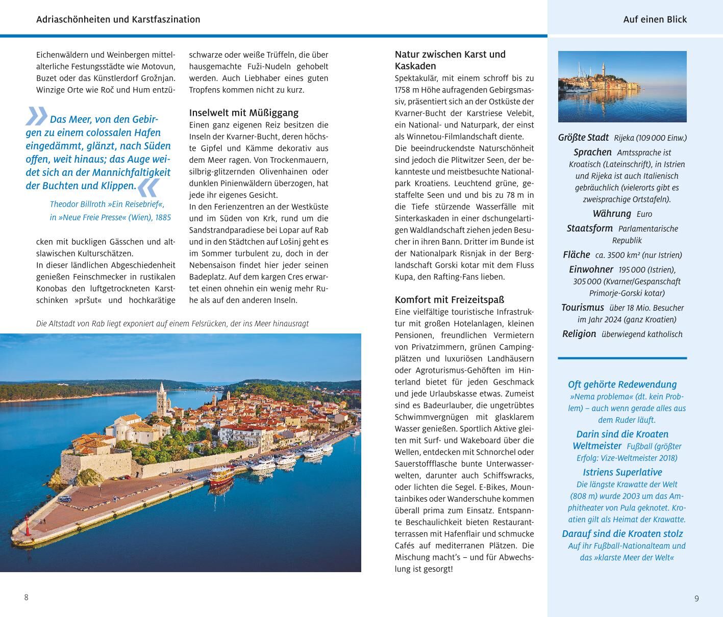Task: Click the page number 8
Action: tap(27, 597)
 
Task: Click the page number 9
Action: tap(696, 598)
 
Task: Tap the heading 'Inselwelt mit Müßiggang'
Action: tap(243, 113)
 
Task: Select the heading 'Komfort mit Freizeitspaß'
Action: tap(449, 299)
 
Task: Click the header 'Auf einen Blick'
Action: tap(655, 19)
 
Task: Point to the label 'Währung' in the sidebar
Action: tap(611, 214)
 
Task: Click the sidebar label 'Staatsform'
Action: tap(589, 228)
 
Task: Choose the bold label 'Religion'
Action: tap(579, 334)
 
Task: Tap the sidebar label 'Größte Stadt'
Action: tap(583, 138)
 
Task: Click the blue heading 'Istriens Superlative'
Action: tap(622, 472)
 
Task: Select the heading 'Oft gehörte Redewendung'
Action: tap(622, 384)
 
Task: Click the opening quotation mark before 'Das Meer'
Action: tap(36, 116)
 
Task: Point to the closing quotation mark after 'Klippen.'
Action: tap(149, 187)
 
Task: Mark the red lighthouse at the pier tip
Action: tap(27, 526)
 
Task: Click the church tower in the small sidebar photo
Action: tap(603, 71)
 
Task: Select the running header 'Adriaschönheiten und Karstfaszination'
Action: tap(118, 19)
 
